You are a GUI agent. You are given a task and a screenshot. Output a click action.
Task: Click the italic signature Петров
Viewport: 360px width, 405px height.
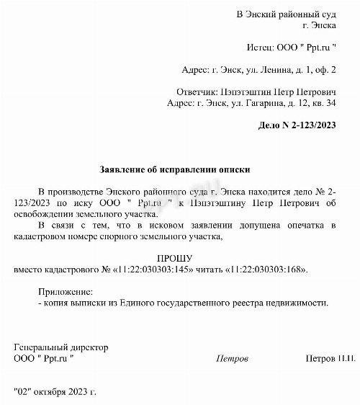(x=232, y=358)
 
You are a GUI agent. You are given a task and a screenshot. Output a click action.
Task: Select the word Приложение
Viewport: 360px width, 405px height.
(x=65, y=292)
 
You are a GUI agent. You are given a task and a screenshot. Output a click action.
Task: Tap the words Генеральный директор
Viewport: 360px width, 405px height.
(x=60, y=347)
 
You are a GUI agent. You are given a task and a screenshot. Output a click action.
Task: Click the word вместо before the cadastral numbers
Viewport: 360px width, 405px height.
(x=30, y=270)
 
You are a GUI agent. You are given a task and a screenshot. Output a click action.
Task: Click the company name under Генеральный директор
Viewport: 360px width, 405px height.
(x=44, y=358)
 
